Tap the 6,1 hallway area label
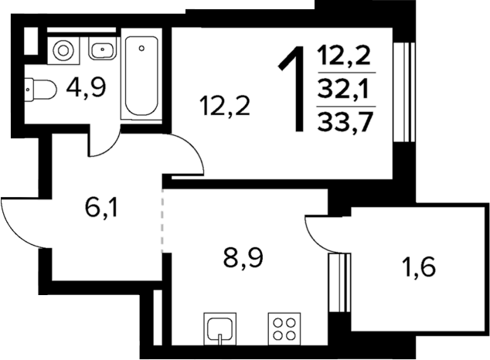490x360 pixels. (101, 208)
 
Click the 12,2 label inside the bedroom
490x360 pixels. (225, 106)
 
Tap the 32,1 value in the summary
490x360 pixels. (345, 91)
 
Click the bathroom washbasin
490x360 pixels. (102, 51)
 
